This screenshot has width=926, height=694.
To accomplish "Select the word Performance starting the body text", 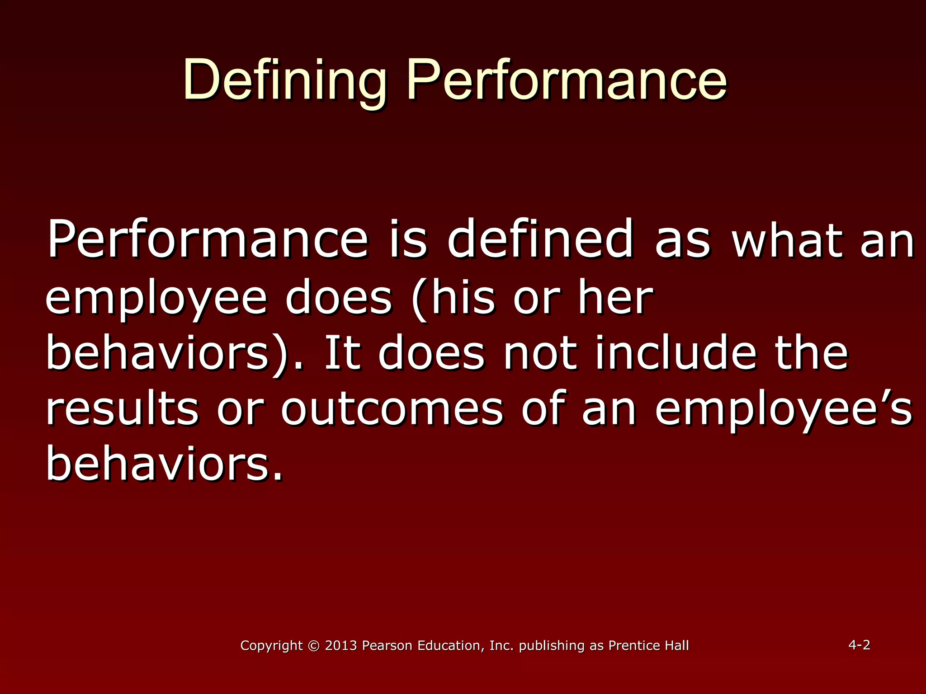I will coord(208,239).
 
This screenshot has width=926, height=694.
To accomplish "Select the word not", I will coord(540,353).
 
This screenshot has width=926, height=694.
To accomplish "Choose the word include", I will coord(676,353).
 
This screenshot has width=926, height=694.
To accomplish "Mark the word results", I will coord(122,409).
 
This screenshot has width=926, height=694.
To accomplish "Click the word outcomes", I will coord(392,409).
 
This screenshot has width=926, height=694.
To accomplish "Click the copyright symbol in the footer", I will coord(313,646).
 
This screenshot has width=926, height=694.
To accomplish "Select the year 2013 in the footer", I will coord(341,646).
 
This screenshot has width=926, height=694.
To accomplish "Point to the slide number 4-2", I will coord(859,645).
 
